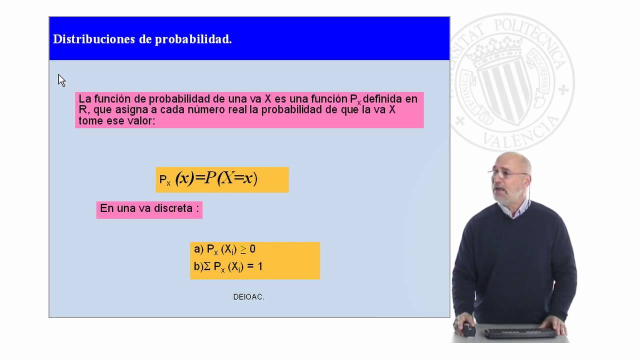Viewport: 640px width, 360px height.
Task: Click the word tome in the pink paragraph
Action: pyautogui.click(x=90, y=121)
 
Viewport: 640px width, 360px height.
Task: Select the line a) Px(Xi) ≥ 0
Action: pyautogui.click(x=224, y=249)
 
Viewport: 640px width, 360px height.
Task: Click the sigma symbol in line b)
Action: pyautogui.click(x=206, y=267)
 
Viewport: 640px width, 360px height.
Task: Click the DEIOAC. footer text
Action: pyautogui.click(x=248, y=297)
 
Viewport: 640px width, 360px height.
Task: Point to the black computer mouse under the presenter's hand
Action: pyautogui.click(x=468, y=329)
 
